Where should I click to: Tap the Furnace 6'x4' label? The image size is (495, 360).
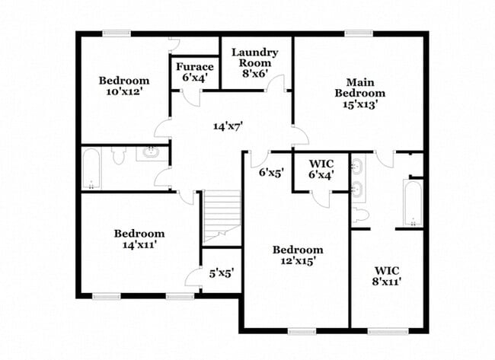195,72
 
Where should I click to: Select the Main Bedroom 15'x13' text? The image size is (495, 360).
360,93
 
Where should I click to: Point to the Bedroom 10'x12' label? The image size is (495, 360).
124,86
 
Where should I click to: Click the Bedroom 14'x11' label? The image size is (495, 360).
139,239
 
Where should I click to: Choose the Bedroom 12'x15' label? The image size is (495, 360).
298,255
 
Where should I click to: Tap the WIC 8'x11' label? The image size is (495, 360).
387,276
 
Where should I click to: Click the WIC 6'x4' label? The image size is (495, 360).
321,169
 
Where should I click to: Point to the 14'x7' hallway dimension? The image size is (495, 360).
228,126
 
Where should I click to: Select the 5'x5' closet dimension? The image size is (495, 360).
222,273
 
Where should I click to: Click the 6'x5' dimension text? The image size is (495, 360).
271,172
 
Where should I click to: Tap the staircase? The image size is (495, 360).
222,218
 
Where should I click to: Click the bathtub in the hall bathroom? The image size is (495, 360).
91,169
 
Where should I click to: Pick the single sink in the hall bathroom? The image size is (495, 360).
152,152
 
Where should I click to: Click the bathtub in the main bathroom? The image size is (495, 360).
413,202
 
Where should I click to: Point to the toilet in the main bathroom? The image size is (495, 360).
360,215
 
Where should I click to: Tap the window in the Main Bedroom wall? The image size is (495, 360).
359,33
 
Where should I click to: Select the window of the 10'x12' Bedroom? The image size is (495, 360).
117,33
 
